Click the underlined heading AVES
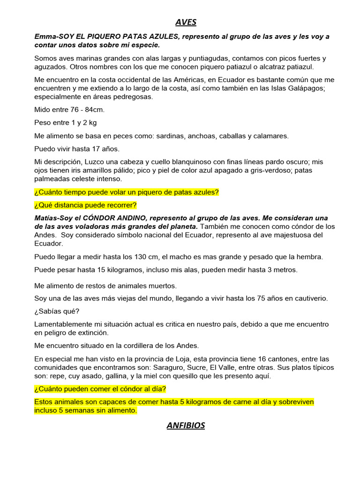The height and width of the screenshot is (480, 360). [186, 22]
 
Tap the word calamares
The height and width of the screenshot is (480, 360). [271, 136]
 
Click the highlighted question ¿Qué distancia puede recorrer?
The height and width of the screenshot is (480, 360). [85, 205]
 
